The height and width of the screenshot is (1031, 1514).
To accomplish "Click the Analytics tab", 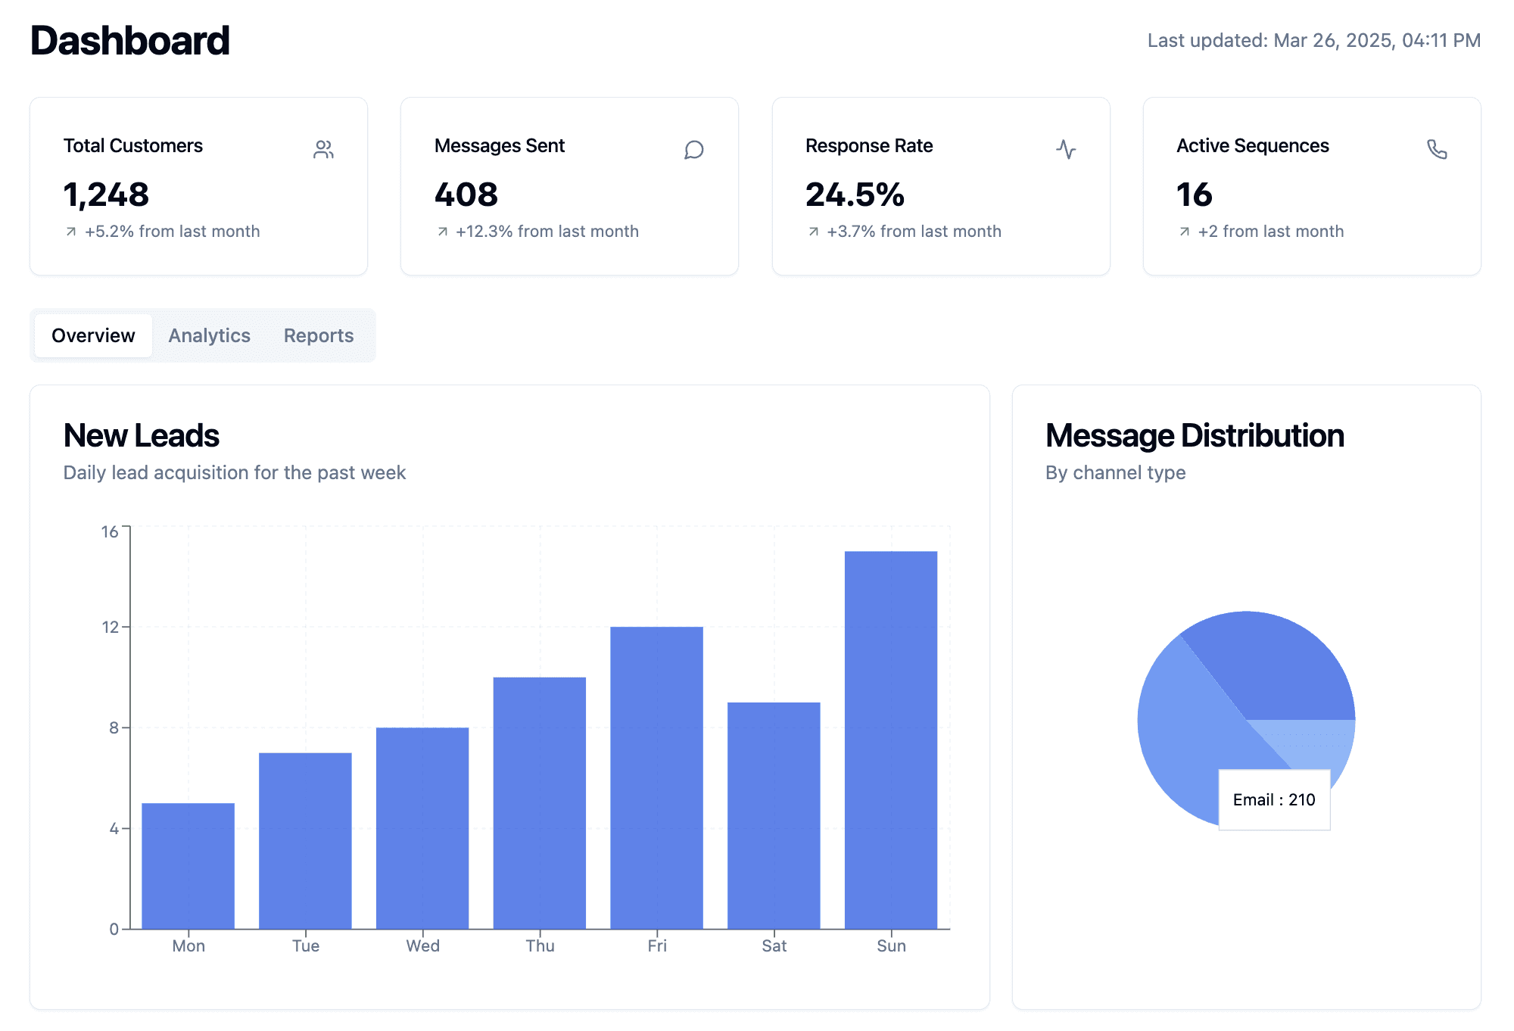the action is point(209,335).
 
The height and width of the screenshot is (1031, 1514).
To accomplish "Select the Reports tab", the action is point(319,335).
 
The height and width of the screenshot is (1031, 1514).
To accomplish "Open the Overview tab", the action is point(93,335).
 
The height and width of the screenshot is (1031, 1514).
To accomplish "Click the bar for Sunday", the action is point(891,740).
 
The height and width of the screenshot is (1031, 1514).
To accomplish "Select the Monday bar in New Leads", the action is point(188,866).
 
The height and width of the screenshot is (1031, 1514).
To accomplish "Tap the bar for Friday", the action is point(656,777).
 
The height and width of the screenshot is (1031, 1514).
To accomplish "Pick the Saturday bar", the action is point(774,815).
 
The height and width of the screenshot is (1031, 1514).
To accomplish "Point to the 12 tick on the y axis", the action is point(111,627).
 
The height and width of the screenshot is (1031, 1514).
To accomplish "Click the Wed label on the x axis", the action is point(422,945).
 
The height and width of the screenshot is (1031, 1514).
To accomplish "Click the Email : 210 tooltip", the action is point(1274,799).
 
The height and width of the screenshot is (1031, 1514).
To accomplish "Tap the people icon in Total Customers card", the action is point(323,149).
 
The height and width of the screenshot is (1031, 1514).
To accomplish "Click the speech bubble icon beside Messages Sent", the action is point(694,149).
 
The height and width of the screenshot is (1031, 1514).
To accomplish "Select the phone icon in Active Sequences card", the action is point(1437,149).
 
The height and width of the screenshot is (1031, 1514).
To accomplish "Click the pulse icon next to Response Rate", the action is point(1066,149).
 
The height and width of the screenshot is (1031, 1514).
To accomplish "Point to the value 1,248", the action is point(106,195).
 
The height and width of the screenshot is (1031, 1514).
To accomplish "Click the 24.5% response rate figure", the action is point(855,195).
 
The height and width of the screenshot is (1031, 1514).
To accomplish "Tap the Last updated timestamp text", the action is point(1314,40).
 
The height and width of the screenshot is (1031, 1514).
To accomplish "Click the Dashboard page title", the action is point(129,40).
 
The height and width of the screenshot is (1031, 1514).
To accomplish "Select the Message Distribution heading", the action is point(1195,435).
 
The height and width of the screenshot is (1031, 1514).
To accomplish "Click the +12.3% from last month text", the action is point(547,231).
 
